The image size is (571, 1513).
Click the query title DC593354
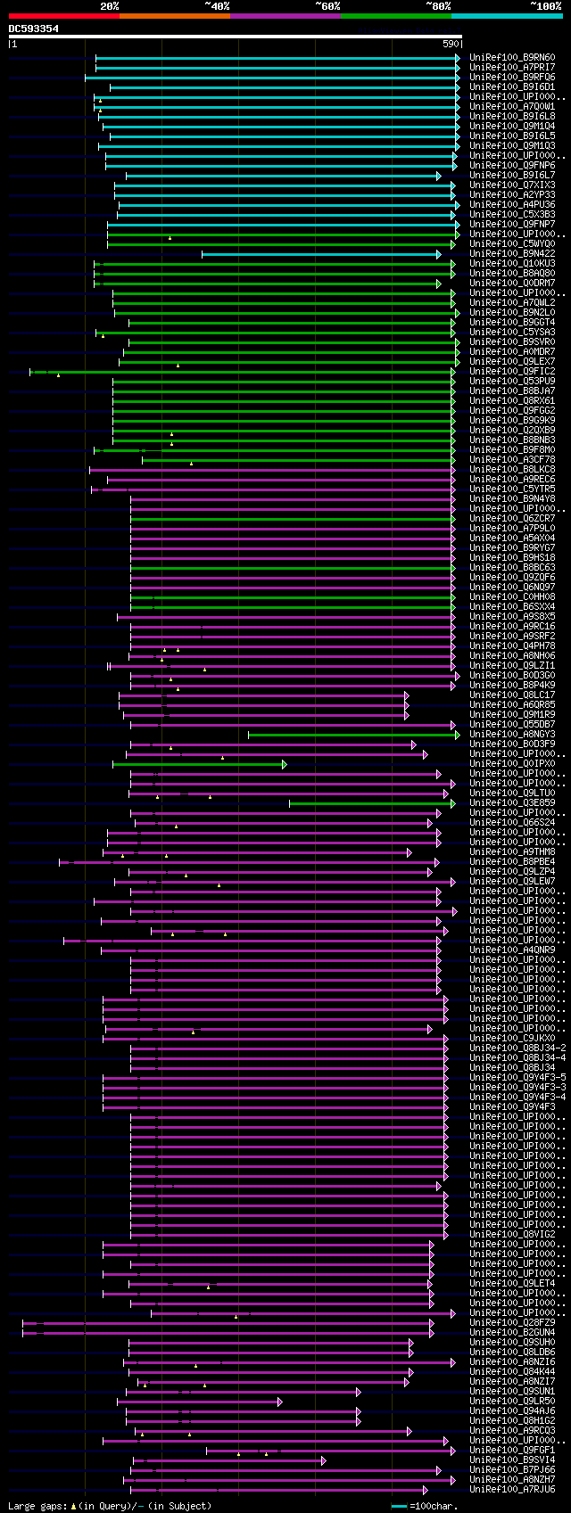click(x=34, y=29)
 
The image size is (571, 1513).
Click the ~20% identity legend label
click(x=109, y=6)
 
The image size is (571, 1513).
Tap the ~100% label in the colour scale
click(x=545, y=6)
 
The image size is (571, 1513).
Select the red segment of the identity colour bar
click(x=63, y=16)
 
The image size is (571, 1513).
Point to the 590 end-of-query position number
click(x=451, y=43)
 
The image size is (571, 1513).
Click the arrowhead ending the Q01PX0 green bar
click(x=284, y=764)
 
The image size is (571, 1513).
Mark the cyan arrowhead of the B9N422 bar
click(x=438, y=254)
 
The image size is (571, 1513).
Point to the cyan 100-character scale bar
click(x=399, y=1506)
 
